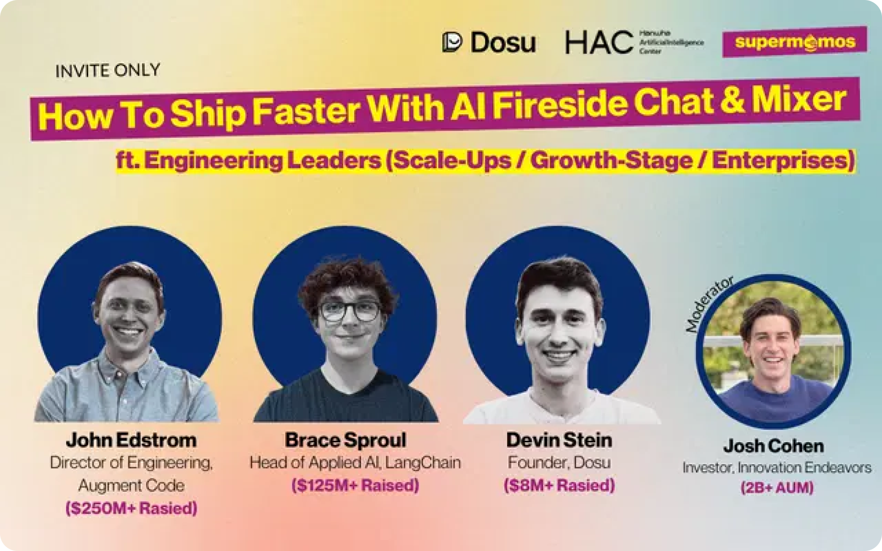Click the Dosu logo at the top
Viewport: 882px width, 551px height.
pyautogui.click(x=489, y=43)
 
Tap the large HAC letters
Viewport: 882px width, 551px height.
pyautogui.click(x=599, y=43)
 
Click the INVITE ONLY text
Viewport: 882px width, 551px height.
pyautogui.click(x=108, y=71)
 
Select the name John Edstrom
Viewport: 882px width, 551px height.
pyautogui.click(x=131, y=440)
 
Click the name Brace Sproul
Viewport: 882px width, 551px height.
pyautogui.click(x=345, y=440)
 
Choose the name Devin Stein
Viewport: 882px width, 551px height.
pyautogui.click(x=559, y=440)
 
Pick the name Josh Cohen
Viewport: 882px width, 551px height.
pyautogui.click(x=774, y=446)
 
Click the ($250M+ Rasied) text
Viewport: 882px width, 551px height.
pyautogui.click(x=131, y=509)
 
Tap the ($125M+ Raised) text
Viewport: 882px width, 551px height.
pyautogui.click(x=355, y=485)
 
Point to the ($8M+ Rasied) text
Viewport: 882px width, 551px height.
pyautogui.click(x=559, y=485)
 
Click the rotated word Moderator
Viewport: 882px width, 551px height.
pyautogui.click(x=710, y=304)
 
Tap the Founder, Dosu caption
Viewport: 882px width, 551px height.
pyautogui.click(x=559, y=463)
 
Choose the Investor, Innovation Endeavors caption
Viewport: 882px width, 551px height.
pyautogui.click(x=777, y=468)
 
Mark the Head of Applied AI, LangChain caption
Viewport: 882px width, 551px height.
pyautogui.click(x=355, y=463)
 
